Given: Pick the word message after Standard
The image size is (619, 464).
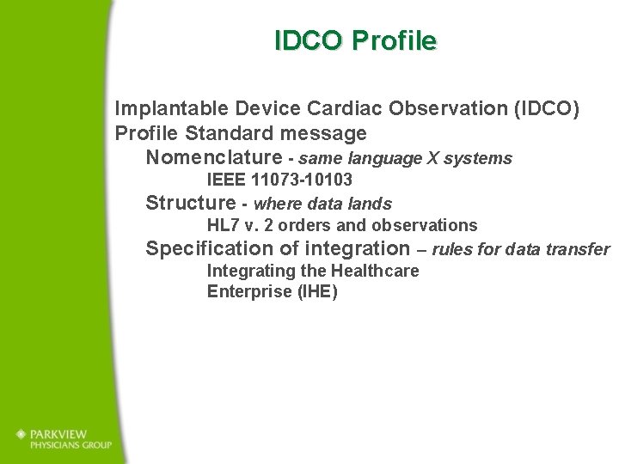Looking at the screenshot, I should [x=324, y=134].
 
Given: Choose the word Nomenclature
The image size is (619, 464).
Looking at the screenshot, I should [x=213, y=158].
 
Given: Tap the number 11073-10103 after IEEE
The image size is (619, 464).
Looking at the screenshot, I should [x=302, y=180].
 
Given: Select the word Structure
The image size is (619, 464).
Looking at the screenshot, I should [x=190, y=204].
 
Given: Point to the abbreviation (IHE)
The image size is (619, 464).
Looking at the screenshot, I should [x=317, y=292].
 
